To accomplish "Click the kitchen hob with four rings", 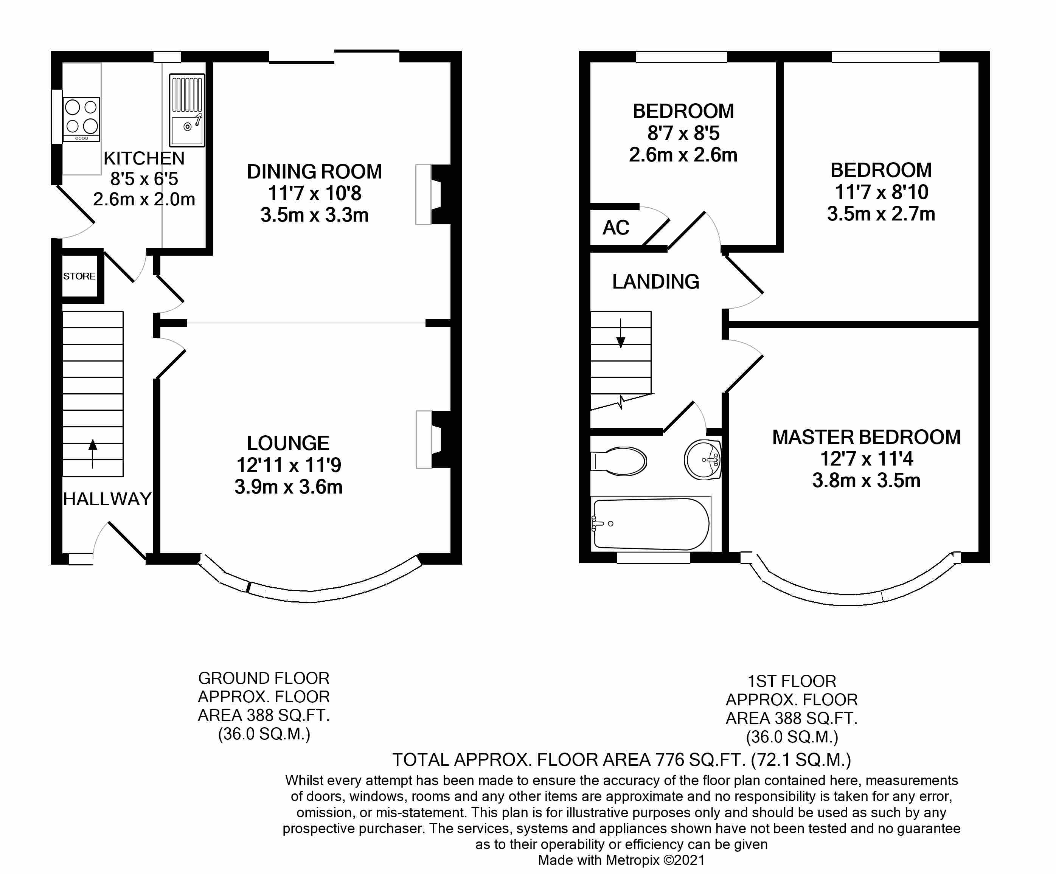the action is coord(81,119).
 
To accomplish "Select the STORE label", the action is coord(79,276).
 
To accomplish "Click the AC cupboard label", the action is coord(616,228).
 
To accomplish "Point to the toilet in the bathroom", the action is coord(618,461).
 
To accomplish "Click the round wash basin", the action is coord(702,460).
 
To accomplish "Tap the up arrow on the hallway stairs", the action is coord(93,453).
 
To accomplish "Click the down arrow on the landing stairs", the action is coord(621,334).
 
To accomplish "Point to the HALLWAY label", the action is coord(107,499).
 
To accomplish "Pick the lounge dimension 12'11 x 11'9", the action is coord(289,465).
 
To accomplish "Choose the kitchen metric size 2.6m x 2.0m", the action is coord(144,199).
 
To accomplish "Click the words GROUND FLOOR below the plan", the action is coord(264,678).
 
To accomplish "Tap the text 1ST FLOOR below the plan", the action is coord(792,681).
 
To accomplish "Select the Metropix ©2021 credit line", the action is coord(621,860).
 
